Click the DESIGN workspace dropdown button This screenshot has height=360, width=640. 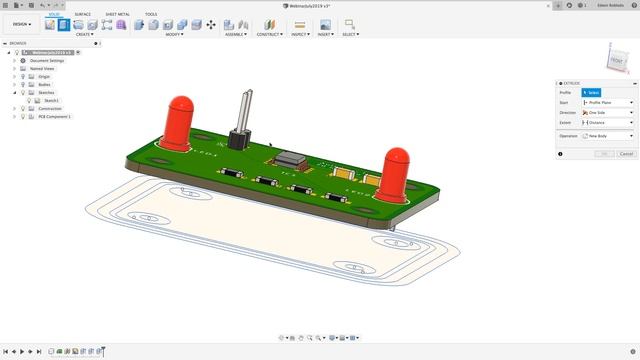click(21, 24)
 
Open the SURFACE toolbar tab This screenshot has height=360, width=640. click(82, 14)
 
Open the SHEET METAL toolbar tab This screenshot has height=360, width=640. click(116, 14)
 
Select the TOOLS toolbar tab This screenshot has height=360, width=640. click(151, 14)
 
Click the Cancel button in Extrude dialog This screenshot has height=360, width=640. click(626, 154)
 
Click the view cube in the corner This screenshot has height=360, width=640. click(617, 60)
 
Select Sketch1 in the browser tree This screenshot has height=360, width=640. click(51, 100)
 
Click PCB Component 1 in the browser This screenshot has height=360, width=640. click(54, 116)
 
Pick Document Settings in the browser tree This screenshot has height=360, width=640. click(46, 60)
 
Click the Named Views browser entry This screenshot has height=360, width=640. click(42, 68)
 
